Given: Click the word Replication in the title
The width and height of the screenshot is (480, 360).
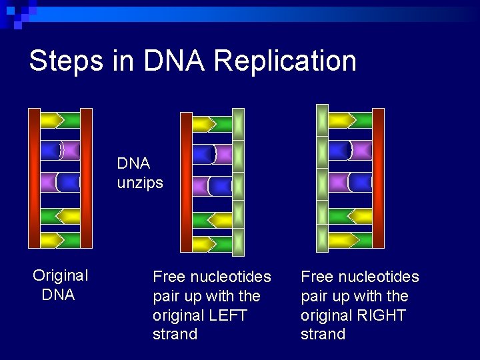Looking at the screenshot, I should click(285, 61).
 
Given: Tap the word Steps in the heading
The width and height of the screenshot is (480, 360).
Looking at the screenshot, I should click(66, 61).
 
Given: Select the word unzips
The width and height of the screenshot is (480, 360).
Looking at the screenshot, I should click(140, 183).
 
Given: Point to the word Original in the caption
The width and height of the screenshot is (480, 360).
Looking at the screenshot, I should click(61, 275).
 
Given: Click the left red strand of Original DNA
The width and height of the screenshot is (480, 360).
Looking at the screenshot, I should click(34, 177).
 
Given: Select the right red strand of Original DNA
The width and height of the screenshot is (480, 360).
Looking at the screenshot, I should click(86, 177).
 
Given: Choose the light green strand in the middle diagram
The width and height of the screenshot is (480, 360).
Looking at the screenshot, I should click(238, 182).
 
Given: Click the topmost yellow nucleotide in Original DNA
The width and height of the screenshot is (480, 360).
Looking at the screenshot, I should click(51, 120).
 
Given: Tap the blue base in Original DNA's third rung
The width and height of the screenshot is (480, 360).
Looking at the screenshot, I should click(69, 181).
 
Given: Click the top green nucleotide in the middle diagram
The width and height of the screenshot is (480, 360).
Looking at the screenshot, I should click(223, 124).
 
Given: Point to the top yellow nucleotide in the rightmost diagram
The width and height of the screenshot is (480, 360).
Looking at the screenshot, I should click(340, 120).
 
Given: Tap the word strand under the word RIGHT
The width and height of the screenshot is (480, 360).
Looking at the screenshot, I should click(323, 334).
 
